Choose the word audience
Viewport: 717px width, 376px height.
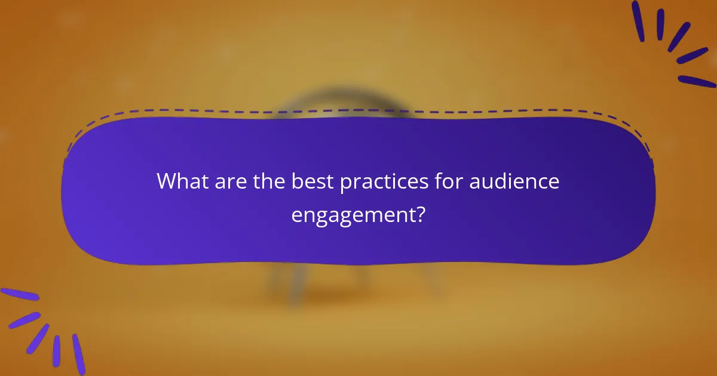tap(514, 181)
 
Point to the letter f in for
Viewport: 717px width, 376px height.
tap(437, 181)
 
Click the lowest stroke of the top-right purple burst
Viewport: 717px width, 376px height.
tap(697, 81)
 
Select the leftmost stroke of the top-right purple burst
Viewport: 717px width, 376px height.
tap(638, 21)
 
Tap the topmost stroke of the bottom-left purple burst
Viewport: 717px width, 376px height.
tap(19, 294)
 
